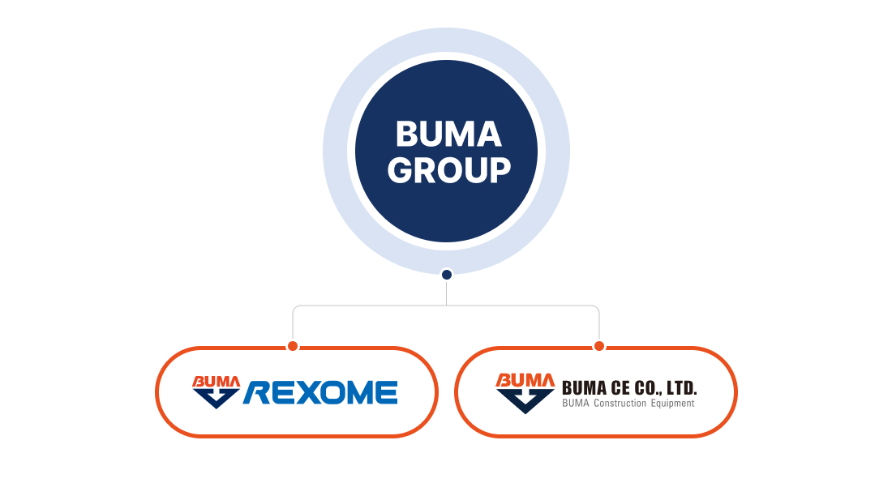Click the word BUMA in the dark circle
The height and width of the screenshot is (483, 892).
(448, 134)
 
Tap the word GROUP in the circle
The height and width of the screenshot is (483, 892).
(449, 170)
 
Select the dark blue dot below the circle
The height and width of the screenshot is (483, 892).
(447, 275)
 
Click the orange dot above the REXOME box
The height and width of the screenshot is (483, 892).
(293, 346)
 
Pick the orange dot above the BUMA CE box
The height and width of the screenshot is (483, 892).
(598, 346)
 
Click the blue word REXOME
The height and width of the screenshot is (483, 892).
(320, 393)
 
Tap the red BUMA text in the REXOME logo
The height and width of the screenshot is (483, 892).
(217, 382)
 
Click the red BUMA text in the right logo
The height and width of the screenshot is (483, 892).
(525, 380)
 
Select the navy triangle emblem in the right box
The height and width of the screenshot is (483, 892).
(525, 401)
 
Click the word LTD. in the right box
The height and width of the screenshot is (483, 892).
(681, 388)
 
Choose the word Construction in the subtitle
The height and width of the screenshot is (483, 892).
(620, 404)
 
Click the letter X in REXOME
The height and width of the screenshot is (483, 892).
(304, 393)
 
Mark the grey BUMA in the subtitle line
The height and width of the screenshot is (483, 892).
(576, 404)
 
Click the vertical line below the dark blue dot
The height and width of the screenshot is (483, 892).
(447, 293)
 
